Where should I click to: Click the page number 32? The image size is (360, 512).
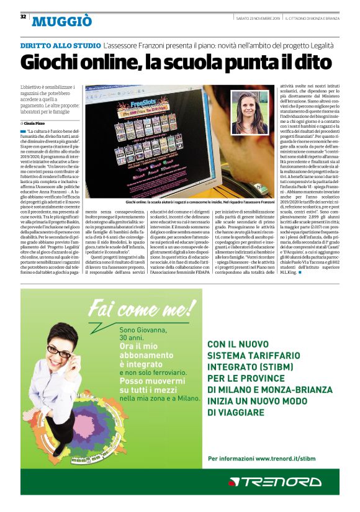[23, 16]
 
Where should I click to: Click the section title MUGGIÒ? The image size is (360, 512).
[62, 22]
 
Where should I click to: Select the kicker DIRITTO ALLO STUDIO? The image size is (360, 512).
[61, 46]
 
